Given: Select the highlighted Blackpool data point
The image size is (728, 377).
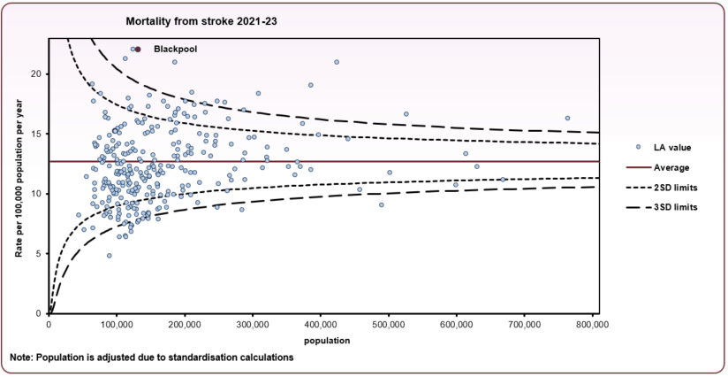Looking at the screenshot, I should tap(138, 50).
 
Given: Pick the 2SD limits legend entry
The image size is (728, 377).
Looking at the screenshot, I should tap(657, 188).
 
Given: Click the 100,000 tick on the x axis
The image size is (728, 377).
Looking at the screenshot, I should tap(117, 326).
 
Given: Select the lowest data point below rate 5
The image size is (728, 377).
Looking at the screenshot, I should tap(110, 256).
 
